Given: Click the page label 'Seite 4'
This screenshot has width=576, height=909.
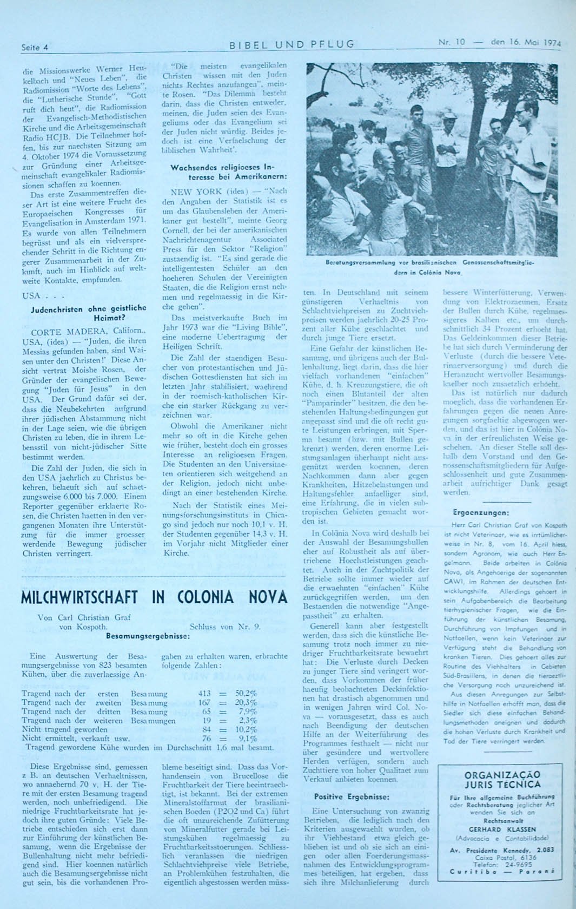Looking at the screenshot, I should pyautogui.click(x=35, y=47).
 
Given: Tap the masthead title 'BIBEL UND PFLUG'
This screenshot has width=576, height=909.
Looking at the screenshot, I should pyautogui.click(x=292, y=44).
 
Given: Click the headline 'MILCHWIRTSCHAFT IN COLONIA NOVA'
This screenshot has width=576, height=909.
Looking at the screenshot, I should pyautogui.click(x=154, y=597).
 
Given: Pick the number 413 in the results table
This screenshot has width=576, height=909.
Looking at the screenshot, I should pyautogui.click(x=204, y=694).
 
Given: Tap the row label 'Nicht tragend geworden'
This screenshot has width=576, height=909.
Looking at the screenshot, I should pyautogui.click(x=57, y=729).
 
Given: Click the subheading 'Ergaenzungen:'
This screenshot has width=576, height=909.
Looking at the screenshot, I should pyautogui.click(x=480, y=512).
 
